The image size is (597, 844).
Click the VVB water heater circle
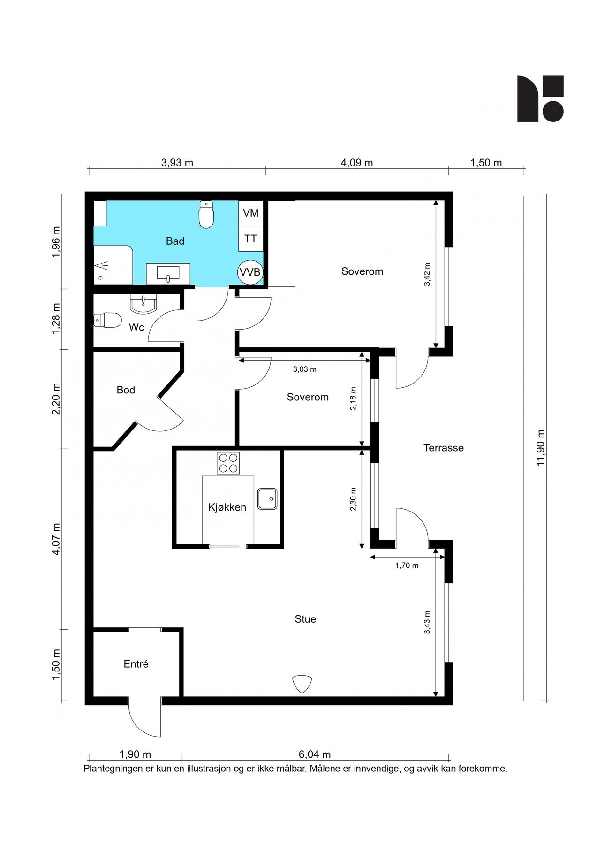(250, 272)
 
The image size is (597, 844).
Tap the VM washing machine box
(251, 213)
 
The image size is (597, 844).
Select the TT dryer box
(251, 239)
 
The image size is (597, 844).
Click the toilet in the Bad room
(206, 215)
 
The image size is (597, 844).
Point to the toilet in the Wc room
(107, 320)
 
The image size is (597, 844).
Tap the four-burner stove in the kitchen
(228, 463)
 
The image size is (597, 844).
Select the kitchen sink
(267, 499)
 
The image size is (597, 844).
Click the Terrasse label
(444, 448)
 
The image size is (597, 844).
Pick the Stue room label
(305, 619)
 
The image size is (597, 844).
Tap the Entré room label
(136, 664)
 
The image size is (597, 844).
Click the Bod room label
(126, 390)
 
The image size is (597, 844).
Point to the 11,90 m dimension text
(541, 447)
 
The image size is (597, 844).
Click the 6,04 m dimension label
(315, 754)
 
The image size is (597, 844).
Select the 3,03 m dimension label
(305, 369)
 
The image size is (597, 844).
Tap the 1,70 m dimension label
(407, 565)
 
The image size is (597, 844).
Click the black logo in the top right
(540, 98)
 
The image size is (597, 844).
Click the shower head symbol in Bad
(102, 267)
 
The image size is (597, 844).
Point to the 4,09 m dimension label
(357, 163)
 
